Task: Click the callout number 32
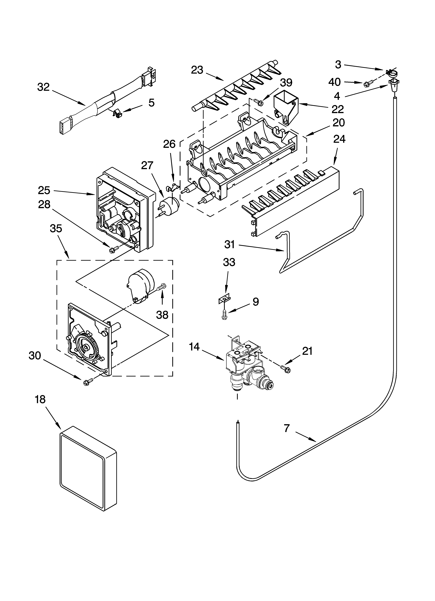[x=43, y=87]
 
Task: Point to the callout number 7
[x=287, y=428]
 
